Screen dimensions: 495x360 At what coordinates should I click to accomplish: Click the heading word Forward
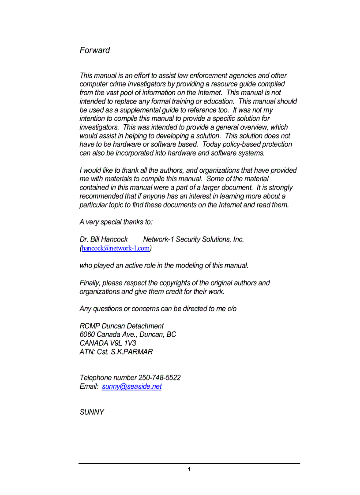click(x=94, y=50)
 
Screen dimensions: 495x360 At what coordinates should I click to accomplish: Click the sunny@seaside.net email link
click(x=131, y=387)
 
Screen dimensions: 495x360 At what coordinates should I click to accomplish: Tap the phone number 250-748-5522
click(x=159, y=378)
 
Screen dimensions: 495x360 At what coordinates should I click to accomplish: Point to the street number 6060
click(x=87, y=335)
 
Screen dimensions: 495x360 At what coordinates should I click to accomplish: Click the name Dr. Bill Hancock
click(x=104, y=239)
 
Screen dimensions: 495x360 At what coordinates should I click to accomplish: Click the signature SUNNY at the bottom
click(x=92, y=413)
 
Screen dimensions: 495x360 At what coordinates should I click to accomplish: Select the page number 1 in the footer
click(x=189, y=469)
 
